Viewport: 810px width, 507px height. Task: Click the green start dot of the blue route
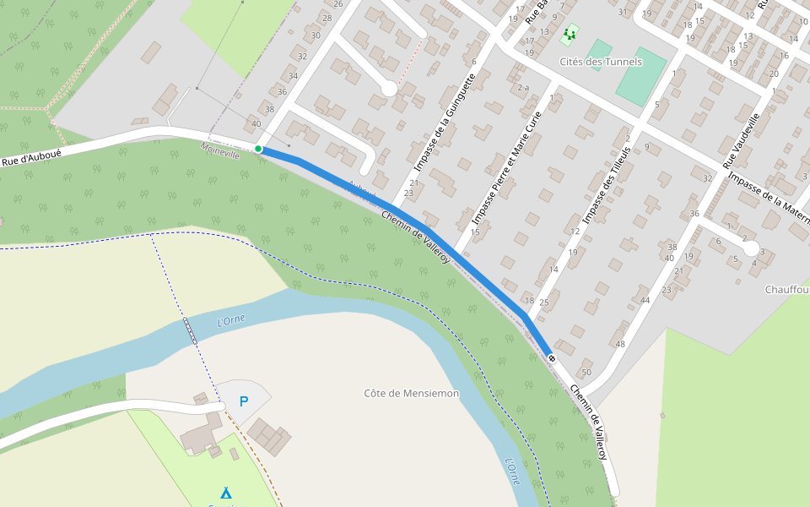point(258,150)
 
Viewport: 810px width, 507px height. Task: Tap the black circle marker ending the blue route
point(552,359)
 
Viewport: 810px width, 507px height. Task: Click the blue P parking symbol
point(244,401)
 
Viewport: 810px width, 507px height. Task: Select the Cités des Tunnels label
point(601,62)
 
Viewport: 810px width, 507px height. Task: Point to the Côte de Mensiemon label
point(412,394)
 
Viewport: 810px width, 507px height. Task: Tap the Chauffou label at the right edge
point(787,290)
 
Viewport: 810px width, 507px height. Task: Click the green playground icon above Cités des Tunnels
point(570,35)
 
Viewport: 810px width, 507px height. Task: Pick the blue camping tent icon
point(225,493)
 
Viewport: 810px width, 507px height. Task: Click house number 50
point(586,373)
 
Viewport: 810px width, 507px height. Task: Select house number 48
point(620,344)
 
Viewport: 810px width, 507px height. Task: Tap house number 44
point(645,300)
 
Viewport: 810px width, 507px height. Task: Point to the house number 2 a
point(523,88)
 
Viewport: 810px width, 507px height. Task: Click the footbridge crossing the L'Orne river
point(191,330)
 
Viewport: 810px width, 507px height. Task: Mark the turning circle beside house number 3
point(751,249)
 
